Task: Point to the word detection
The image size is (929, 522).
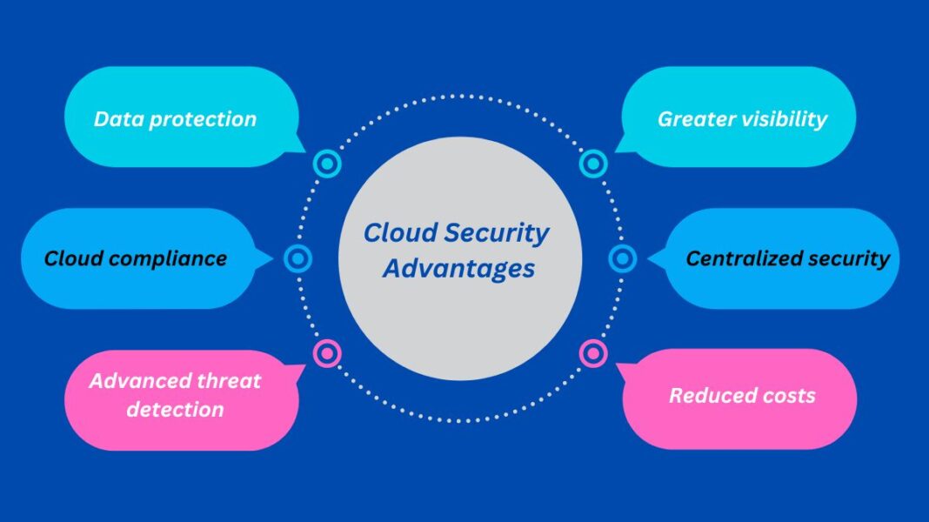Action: click(x=175, y=409)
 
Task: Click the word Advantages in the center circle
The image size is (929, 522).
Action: click(x=458, y=268)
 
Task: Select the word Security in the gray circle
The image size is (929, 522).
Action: click(x=497, y=233)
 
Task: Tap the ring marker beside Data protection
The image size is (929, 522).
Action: click(x=327, y=163)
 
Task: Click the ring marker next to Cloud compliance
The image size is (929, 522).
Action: click(x=297, y=258)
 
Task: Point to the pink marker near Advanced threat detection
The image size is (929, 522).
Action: click(x=327, y=353)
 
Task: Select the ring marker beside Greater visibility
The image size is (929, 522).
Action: click(x=593, y=163)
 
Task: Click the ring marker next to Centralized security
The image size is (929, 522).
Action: click(x=623, y=258)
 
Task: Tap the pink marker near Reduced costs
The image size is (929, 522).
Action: click(x=593, y=353)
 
